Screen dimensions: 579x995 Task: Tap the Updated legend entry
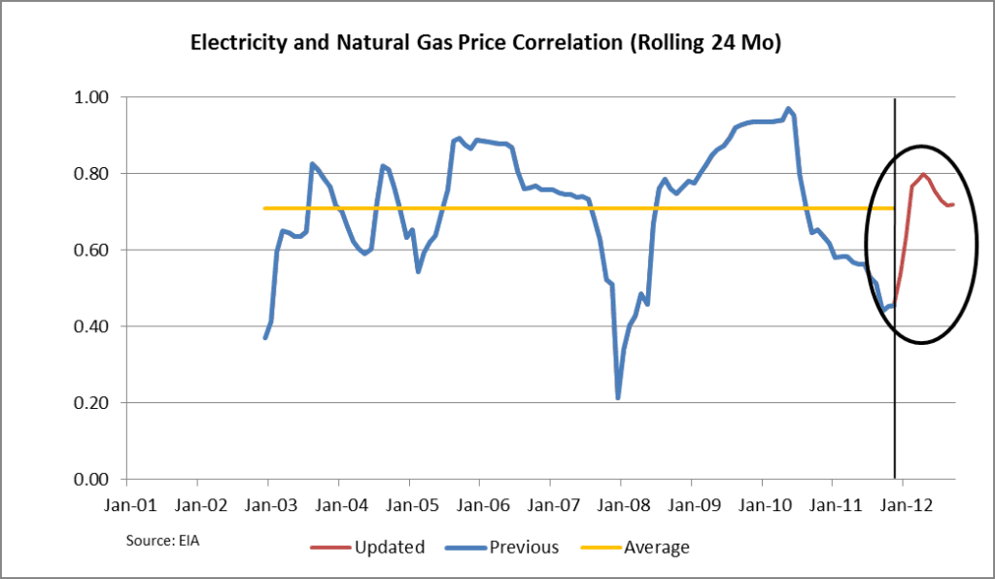(x=367, y=547)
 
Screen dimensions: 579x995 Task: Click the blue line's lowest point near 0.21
(x=618, y=397)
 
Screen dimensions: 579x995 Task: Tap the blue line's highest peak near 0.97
(x=788, y=109)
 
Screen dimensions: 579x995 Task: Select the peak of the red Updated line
(x=923, y=175)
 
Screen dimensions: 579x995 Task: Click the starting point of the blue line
(x=264, y=337)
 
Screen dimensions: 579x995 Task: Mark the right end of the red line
(x=954, y=204)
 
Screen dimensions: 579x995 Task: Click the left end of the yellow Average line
(x=265, y=208)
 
